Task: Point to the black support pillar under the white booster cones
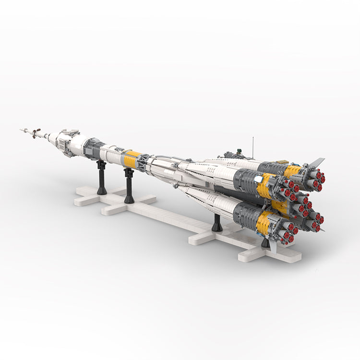pyautogui.click(x=217, y=223)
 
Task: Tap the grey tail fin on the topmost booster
pyautogui.click(x=317, y=162)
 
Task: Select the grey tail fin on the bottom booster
pyautogui.click(x=272, y=245)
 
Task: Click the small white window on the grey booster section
pyautogui.click(x=259, y=179)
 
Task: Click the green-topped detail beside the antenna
pyautogui.click(x=235, y=155)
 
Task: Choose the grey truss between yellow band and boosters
pyautogui.click(x=143, y=162)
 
